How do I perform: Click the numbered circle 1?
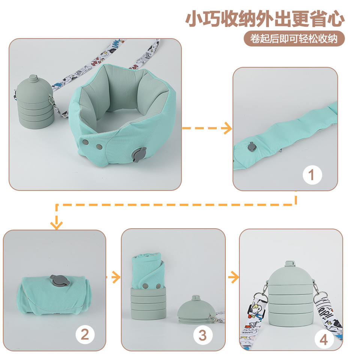[x=312, y=175]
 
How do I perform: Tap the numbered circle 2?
[x=85, y=334]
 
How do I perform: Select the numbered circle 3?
[x=203, y=335]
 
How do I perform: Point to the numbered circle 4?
[x=324, y=339]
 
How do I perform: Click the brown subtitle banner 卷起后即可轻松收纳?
[x=294, y=39]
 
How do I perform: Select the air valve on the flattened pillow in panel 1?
[x=252, y=147]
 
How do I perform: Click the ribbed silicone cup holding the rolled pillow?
[x=148, y=303]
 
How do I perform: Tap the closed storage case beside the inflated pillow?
[x=35, y=102]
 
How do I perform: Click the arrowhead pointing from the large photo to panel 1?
[x=227, y=128]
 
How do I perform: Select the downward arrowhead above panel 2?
[x=57, y=225]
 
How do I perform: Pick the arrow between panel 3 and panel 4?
[x=234, y=277]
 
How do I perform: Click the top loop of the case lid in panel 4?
[x=290, y=263]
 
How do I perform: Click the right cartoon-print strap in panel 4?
[x=330, y=317]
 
